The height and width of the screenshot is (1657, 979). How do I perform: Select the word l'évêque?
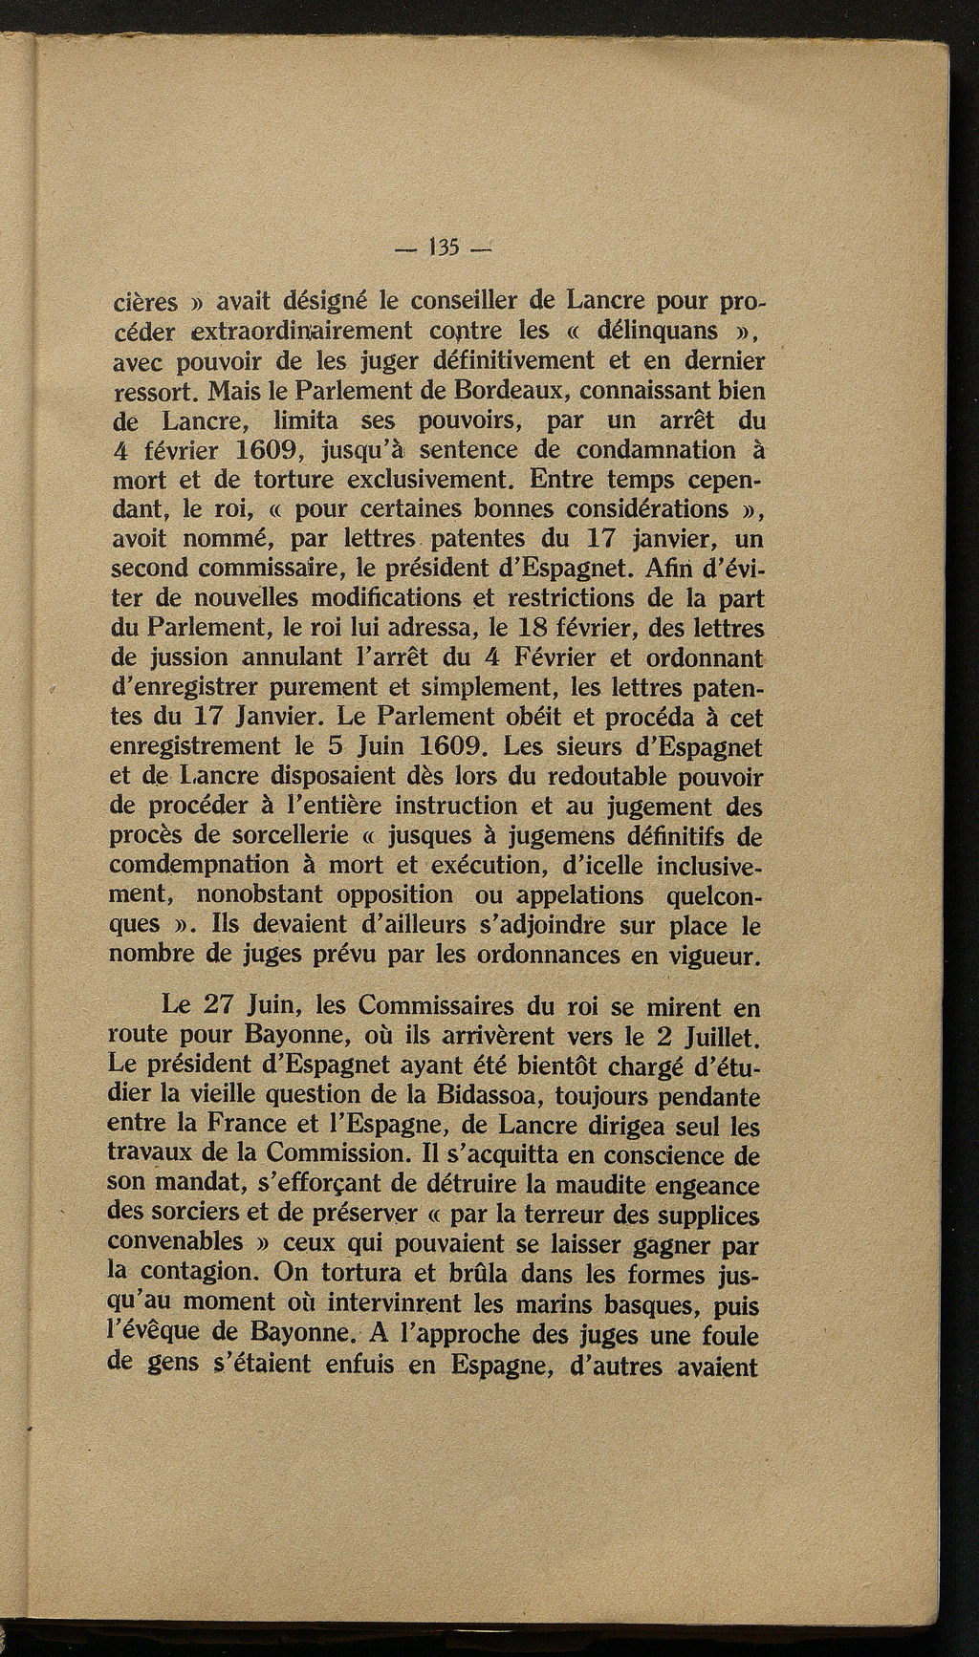pos(156,1333)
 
